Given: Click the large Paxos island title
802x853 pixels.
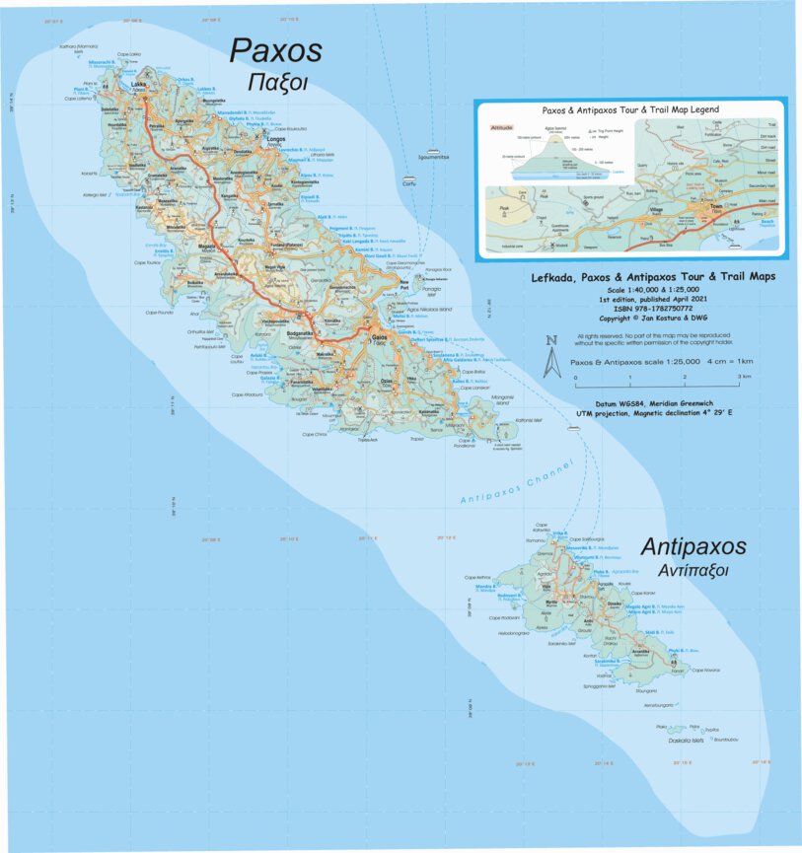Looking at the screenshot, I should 276,50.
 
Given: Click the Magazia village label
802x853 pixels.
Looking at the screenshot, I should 208,248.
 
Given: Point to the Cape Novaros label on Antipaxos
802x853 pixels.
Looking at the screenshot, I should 707,671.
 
